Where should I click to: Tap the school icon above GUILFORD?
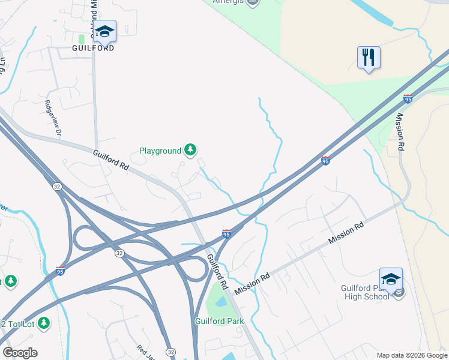click(x=104, y=31)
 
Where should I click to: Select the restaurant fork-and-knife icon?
click(x=369, y=58)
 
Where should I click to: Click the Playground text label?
click(x=160, y=151)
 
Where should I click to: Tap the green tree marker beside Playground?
click(x=190, y=149)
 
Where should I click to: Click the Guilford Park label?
click(x=219, y=321)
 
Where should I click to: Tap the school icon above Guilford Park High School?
click(x=391, y=279)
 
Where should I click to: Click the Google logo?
click(x=20, y=353)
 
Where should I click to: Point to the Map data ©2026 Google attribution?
click(x=411, y=355)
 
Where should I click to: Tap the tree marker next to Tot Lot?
click(x=43, y=323)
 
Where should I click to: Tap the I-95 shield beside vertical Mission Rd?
click(x=408, y=98)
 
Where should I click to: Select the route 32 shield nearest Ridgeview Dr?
click(x=56, y=186)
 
